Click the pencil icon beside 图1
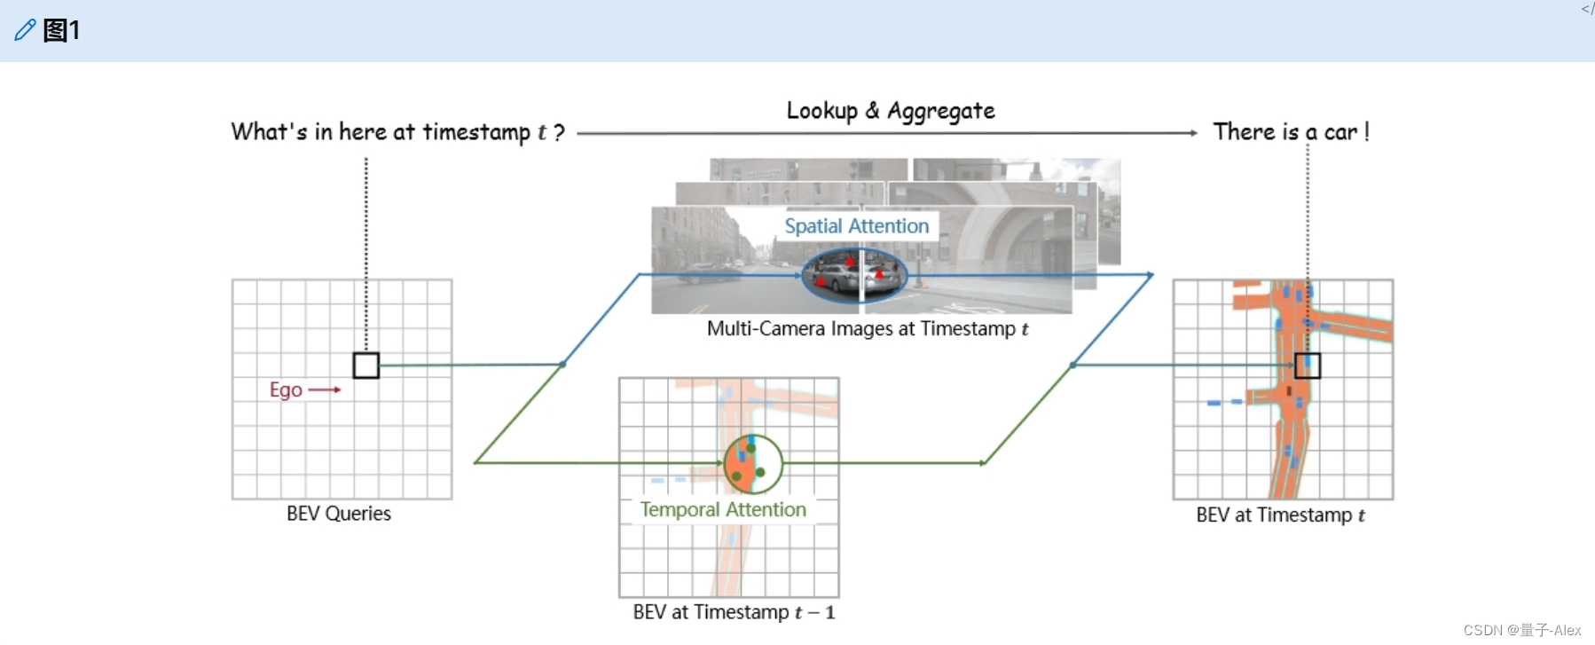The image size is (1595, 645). click(x=25, y=30)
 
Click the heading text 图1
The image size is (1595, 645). click(x=61, y=30)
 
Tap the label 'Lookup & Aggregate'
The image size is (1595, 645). click(x=890, y=111)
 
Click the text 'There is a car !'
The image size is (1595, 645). click(x=1291, y=132)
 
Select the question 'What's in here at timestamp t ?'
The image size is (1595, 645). click(x=397, y=132)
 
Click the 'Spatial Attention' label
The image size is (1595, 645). click(x=856, y=226)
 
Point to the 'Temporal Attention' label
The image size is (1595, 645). click(x=723, y=509)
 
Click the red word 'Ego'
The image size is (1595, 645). click(x=286, y=389)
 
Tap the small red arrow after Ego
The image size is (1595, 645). click(x=325, y=389)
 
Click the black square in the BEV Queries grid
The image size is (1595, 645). click(x=366, y=366)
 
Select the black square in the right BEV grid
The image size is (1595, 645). click(x=1308, y=366)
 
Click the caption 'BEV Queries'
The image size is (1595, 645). click(x=339, y=514)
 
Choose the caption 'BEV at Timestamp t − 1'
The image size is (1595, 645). click(x=734, y=612)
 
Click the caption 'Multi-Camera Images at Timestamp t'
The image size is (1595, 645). click(x=868, y=329)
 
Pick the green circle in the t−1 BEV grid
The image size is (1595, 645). click(x=753, y=463)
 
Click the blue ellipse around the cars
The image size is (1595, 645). click(x=854, y=274)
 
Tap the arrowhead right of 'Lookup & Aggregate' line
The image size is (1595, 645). click(x=1193, y=133)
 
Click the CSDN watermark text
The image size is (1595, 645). click(x=1521, y=630)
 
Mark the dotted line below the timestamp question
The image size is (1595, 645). click(x=366, y=248)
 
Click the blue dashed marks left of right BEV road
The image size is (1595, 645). click(x=1224, y=403)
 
